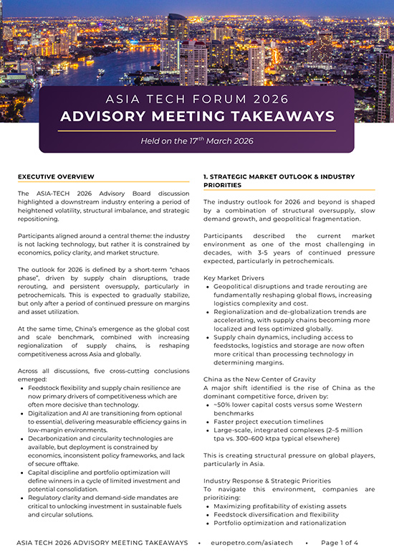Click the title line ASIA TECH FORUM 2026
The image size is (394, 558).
[x=197, y=98]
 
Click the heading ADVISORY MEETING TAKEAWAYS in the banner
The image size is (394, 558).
[x=197, y=116]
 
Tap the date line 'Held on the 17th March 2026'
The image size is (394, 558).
[x=197, y=141]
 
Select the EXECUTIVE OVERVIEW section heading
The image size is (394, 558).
[x=56, y=176]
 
